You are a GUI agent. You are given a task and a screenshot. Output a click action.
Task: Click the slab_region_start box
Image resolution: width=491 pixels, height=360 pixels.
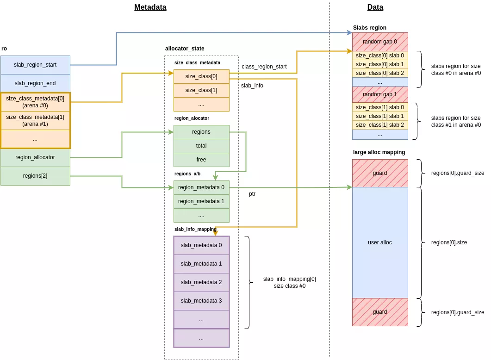35,65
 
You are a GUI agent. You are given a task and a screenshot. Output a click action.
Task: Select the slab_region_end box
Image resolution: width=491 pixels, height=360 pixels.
35,83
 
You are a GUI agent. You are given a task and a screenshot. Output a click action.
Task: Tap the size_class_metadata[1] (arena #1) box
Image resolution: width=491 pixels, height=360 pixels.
35,120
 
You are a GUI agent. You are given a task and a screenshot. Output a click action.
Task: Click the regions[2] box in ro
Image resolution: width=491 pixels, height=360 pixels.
35,176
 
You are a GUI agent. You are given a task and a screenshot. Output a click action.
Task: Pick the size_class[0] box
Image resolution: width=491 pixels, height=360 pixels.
201,76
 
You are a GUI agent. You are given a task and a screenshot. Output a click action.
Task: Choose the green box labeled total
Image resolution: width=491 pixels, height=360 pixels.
201,146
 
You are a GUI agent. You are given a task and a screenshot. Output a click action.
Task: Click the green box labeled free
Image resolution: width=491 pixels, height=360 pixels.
201,160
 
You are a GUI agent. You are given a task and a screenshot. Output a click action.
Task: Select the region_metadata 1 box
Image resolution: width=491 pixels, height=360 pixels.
201,201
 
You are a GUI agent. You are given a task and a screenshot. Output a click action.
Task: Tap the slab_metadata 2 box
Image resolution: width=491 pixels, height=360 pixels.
201,282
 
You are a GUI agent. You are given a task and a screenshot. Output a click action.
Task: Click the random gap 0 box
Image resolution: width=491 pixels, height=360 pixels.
379,42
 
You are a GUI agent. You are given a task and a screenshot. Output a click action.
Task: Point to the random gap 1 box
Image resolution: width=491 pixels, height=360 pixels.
379,94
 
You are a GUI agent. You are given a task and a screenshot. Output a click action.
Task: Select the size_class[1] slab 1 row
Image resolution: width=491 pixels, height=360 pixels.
379,116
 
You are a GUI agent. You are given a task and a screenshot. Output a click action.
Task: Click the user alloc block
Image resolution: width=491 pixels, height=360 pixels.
379,242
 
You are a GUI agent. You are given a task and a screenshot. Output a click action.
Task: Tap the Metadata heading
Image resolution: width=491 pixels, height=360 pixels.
150,7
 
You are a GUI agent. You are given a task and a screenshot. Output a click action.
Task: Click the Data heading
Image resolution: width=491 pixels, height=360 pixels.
375,7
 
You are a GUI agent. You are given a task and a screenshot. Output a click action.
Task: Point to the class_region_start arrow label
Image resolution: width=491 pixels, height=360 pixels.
264,67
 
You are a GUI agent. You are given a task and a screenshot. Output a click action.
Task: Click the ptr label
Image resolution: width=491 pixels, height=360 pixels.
252,194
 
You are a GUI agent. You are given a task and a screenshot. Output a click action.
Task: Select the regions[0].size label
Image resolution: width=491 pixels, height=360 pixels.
448,242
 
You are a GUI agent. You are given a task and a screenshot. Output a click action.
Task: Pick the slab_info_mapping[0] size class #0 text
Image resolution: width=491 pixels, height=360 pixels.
289,282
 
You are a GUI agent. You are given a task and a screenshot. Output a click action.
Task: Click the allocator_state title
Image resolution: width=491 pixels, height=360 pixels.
185,49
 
